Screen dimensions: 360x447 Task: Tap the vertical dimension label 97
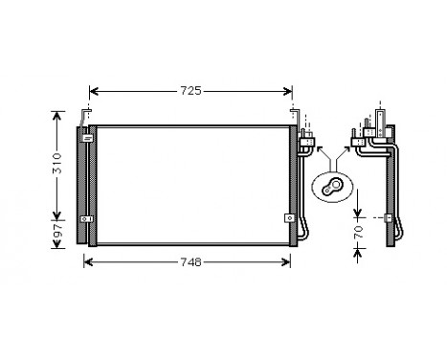[56, 233]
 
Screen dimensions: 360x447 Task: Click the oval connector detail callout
[334, 187]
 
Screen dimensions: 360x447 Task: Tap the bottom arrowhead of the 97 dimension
[56, 244]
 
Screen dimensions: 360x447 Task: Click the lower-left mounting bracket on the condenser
[87, 218]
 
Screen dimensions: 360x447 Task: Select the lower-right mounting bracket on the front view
[289, 216]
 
